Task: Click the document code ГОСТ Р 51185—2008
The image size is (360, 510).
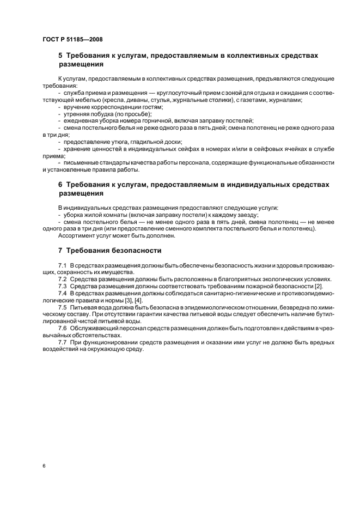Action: tap(72, 39)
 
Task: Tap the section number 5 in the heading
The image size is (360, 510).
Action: tap(60, 56)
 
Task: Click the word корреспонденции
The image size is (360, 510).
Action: tap(115, 107)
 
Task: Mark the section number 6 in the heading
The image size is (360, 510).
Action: tap(60, 185)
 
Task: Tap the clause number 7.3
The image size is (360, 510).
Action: tap(63, 286)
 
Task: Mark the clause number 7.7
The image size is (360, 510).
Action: tap(63, 342)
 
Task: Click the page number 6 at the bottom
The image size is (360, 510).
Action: tap(43, 466)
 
